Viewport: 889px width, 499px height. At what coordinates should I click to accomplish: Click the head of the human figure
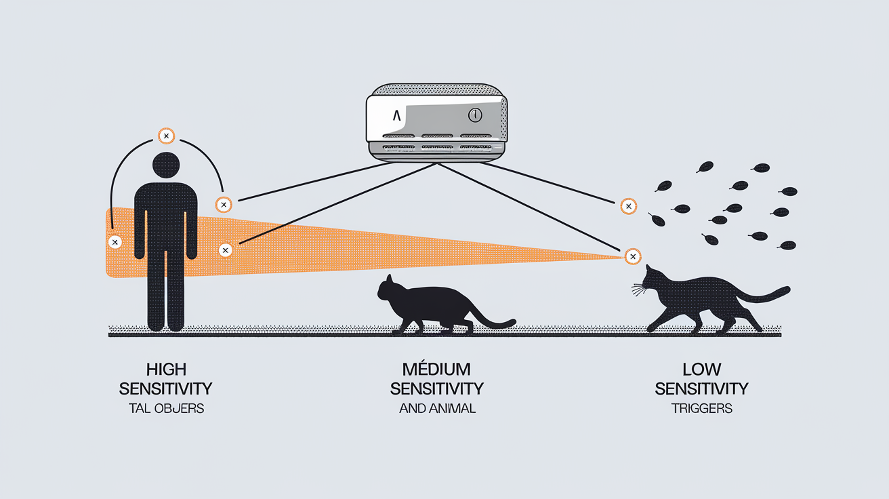click(166, 165)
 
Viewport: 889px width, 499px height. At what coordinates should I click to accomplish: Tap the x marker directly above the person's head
click(166, 136)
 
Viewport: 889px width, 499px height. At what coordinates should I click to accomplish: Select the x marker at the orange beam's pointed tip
click(632, 256)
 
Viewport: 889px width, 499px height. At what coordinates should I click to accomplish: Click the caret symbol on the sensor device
click(396, 116)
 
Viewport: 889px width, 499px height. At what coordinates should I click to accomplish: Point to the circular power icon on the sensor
click(474, 116)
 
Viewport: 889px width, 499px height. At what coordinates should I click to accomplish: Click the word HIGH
click(166, 370)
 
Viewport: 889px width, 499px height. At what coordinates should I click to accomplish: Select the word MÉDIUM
click(436, 370)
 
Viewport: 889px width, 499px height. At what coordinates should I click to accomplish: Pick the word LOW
click(701, 370)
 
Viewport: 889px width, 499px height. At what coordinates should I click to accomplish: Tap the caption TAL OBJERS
click(166, 409)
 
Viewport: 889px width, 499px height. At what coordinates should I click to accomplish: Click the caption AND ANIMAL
click(437, 409)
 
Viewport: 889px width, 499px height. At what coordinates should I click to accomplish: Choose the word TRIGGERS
click(701, 409)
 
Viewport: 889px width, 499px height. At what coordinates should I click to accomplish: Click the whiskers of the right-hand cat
click(638, 291)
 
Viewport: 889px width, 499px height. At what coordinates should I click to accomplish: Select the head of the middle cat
click(390, 288)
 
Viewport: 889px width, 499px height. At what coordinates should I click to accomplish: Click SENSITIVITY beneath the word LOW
click(701, 388)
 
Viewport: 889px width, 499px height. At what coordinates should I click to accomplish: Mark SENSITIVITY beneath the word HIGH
click(166, 388)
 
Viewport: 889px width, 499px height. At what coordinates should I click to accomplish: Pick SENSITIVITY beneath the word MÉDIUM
click(437, 388)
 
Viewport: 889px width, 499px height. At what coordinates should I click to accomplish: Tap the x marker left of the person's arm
click(115, 241)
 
